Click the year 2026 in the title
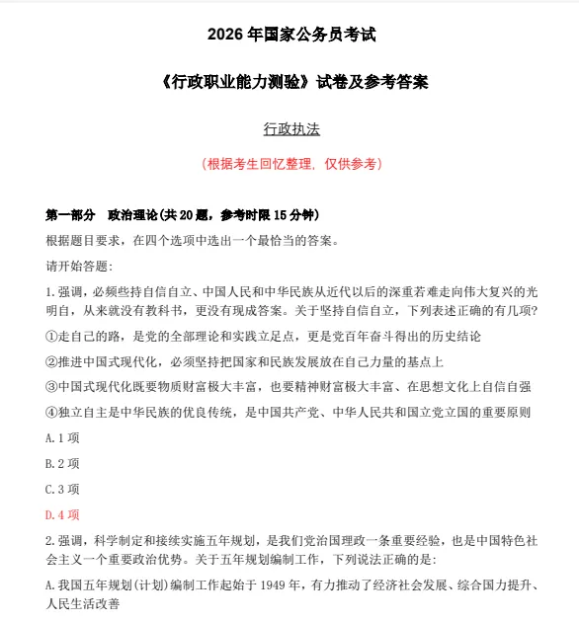point(225,36)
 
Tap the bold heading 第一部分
point(70,214)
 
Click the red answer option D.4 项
point(62,514)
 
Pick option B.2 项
point(62,463)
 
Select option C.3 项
point(62,489)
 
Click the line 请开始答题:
point(79,266)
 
